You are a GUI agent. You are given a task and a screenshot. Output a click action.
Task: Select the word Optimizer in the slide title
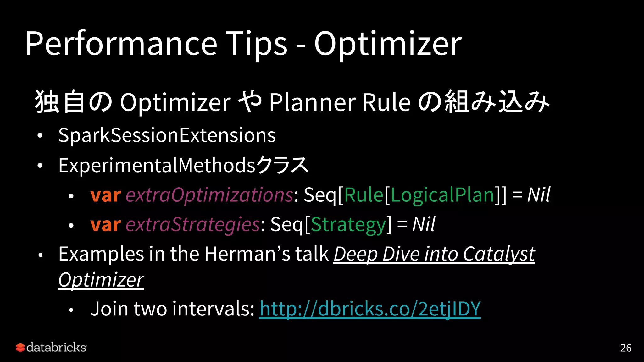click(387, 44)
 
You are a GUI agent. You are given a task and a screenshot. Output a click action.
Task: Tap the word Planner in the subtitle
click(312, 102)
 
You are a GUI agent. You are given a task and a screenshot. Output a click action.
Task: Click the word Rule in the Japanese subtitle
click(386, 102)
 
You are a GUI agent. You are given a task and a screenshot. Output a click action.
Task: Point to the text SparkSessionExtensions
click(167, 135)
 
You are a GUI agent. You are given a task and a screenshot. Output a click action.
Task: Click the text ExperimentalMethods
click(157, 165)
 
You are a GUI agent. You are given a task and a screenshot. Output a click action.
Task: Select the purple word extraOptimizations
click(209, 195)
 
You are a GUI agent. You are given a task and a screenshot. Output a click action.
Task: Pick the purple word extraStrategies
click(192, 224)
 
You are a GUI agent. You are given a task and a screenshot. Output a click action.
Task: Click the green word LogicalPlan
click(443, 195)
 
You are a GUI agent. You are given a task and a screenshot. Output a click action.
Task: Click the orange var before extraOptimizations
click(105, 195)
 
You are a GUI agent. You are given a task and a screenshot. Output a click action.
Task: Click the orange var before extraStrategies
click(105, 224)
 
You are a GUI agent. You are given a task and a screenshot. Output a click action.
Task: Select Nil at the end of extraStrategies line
click(423, 224)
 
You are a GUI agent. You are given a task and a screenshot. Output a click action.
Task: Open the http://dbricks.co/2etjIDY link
click(370, 309)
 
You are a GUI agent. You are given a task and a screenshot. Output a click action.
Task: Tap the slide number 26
click(625, 348)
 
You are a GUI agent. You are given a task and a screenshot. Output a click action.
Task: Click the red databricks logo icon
click(20, 348)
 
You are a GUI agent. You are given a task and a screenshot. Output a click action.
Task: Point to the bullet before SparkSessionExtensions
click(40, 136)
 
